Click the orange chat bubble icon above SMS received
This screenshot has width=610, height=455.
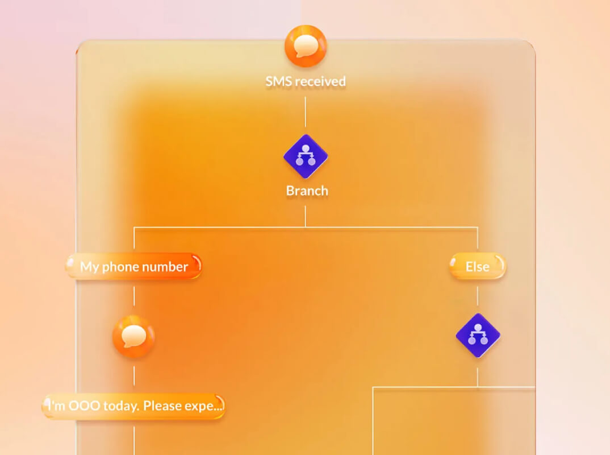(x=306, y=46)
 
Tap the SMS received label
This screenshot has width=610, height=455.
(x=306, y=81)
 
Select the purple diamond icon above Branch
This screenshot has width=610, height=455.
(x=306, y=156)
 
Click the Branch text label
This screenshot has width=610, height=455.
(x=307, y=191)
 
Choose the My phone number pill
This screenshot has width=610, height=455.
(x=134, y=266)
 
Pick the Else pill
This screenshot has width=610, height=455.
(x=477, y=266)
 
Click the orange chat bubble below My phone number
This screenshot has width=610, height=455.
(x=134, y=337)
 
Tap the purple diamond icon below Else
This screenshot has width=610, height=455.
(x=478, y=335)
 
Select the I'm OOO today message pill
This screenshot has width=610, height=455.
(x=133, y=406)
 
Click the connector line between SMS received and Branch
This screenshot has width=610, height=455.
(x=306, y=112)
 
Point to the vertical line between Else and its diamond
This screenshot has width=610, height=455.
(x=478, y=296)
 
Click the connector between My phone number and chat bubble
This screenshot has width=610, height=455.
(x=134, y=296)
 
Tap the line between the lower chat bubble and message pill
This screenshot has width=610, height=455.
(x=134, y=376)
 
